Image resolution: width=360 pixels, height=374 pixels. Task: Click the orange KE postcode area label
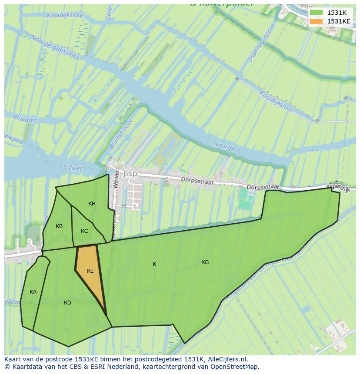pos(90,271)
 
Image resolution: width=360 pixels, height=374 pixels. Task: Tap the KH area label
pos(92,204)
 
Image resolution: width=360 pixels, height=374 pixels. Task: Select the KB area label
pos(59,226)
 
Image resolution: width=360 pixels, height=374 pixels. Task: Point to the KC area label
pos(84,231)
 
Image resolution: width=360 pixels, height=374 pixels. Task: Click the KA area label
pos(33,292)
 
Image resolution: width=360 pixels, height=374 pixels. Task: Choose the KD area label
pos(67,303)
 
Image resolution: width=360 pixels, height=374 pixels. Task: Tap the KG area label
pos(205,262)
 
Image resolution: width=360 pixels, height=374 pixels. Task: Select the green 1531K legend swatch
pos(316,13)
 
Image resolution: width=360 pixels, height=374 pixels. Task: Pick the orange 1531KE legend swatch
pos(316,21)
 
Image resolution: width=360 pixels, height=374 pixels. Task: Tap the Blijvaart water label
pos(25,119)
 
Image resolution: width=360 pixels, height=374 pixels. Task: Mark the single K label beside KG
pos(154,264)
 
